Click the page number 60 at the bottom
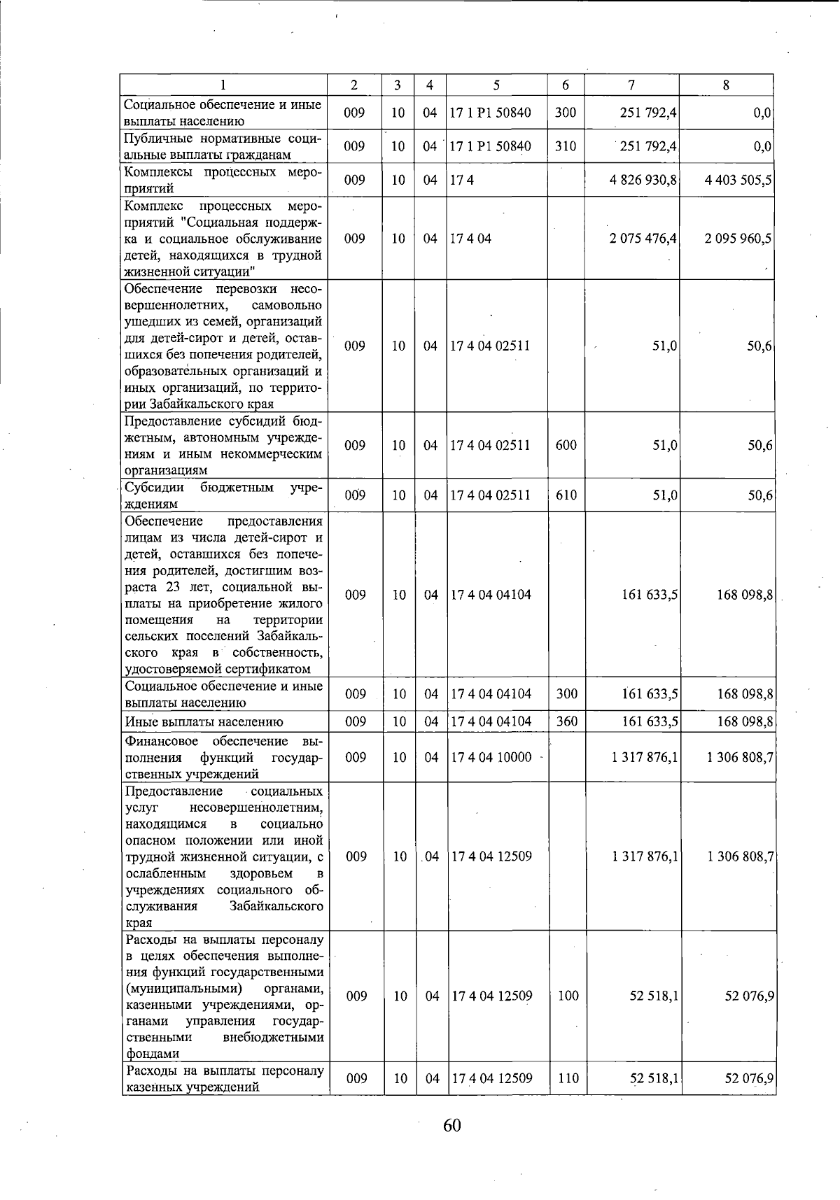(451, 1125)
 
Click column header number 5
(496, 85)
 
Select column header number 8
(726, 85)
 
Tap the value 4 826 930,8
(643, 181)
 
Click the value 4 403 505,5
(738, 181)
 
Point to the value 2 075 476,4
(643, 239)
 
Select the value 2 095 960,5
(738, 239)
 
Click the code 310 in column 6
(565, 146)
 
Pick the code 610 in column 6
(566, 495)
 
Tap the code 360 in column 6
(566, 721)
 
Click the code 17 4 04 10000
(491, 757)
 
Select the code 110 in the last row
(568, 1078)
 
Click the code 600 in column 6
(566, 445)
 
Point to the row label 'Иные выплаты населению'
(204, 722)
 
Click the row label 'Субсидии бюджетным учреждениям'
(223, 495)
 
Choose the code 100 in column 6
(568, 996)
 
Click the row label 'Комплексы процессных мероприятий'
(223, 181)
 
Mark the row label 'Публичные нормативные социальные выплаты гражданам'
(223, 147)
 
